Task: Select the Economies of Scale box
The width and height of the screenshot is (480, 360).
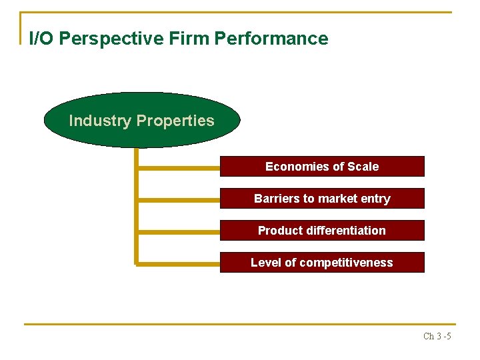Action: click(322, 166)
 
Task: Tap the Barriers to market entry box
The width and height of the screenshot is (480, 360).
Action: click(322, 198)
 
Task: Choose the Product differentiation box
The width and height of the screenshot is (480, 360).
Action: click(322, 230)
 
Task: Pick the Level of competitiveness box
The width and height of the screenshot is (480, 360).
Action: click(322, 262)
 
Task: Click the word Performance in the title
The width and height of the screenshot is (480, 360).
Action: click(271, 39)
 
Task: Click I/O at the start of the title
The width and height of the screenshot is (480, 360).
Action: click(41, 39)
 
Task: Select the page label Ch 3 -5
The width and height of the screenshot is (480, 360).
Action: click(437, 336)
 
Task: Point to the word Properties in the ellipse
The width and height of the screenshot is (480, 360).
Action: click(175, 121)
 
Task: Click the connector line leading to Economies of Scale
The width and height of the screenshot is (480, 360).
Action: click(178, 167)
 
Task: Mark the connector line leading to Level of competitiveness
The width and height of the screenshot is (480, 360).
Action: click(178, 263)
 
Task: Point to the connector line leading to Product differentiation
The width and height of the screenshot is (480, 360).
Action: click(178, 231)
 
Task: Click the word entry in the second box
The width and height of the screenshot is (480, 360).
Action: click(375, 198)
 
